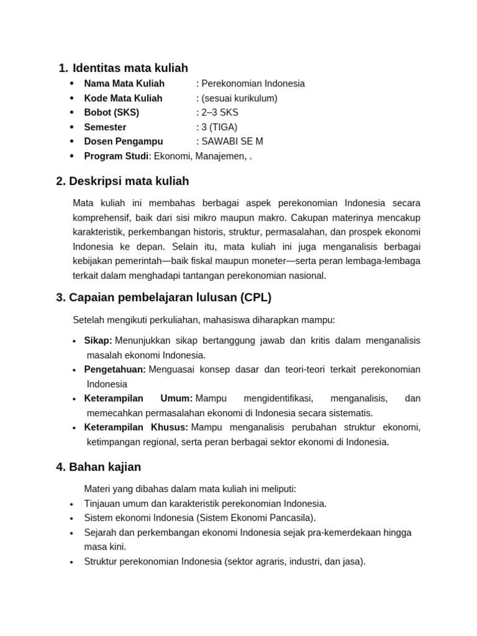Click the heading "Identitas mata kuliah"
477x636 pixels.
(130, 68)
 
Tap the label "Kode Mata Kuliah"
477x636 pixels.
(123, 98)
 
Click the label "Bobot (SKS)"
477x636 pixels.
(112, 112)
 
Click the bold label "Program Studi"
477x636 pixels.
(116, 156)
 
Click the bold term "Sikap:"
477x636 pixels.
(98, 340)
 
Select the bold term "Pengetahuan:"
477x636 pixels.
(115, 370)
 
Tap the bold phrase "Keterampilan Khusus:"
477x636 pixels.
(136, 427)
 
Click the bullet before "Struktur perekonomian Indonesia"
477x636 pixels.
(72, 562)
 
